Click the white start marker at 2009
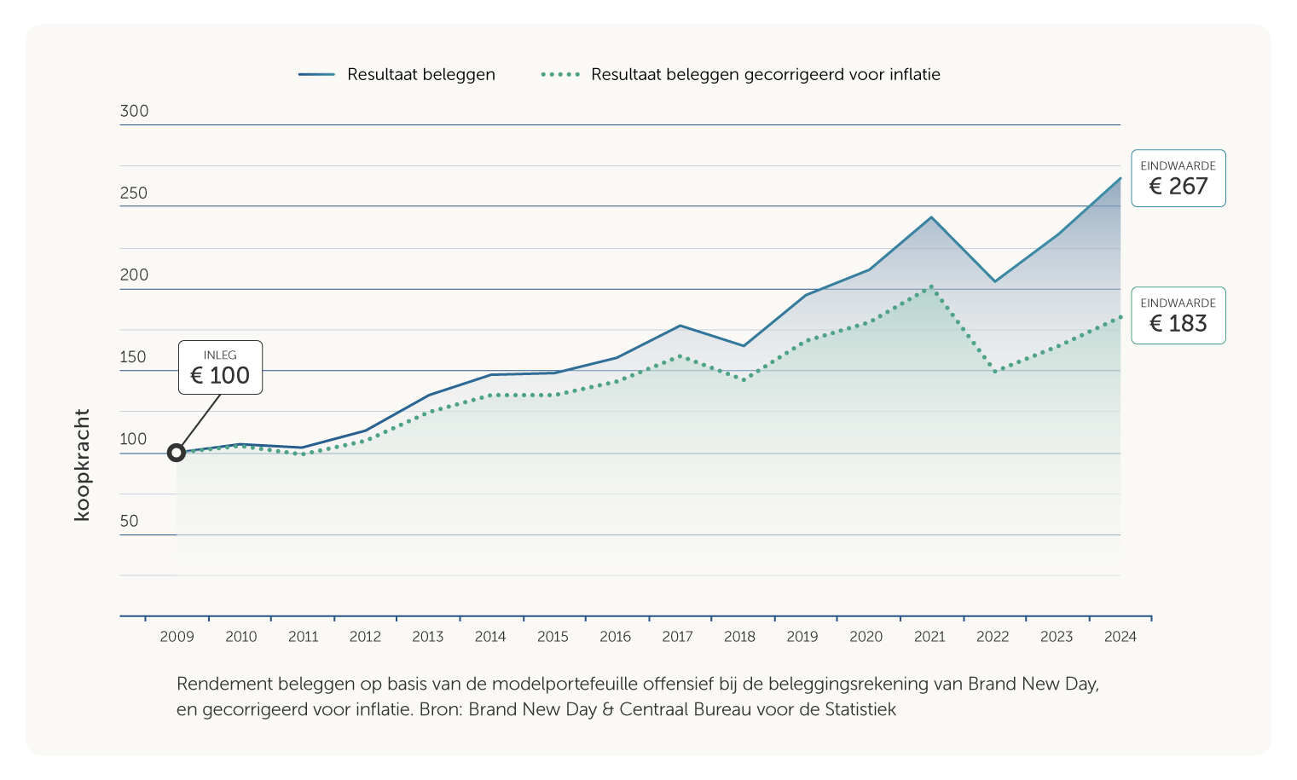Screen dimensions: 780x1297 [x=177, y=453]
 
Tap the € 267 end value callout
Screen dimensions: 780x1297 [x=1178, y=178]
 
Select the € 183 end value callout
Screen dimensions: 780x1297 [x=1178, y=315]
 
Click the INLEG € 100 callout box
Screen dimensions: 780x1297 [x=220, y=367]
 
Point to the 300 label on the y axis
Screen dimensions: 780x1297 [x=134, y=111]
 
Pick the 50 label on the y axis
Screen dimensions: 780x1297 [x=129, y=521]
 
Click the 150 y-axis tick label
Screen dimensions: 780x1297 [x=133, y=357]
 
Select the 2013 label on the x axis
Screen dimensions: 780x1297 [x=427, y=637]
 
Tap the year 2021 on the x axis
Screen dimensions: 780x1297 [x=929, y=637]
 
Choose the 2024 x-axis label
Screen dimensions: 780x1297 [x=1120, y=637]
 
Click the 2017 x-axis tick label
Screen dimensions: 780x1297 [x=677, y=637]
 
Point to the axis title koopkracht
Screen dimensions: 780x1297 [x=82, y=465]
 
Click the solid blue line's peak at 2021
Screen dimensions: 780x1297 [x=931, y=217]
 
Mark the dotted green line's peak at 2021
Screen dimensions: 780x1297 [x=931, y=287]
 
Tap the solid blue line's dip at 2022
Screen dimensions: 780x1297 [x=994, y=281]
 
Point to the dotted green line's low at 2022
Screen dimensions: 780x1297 [x=994, y=372]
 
